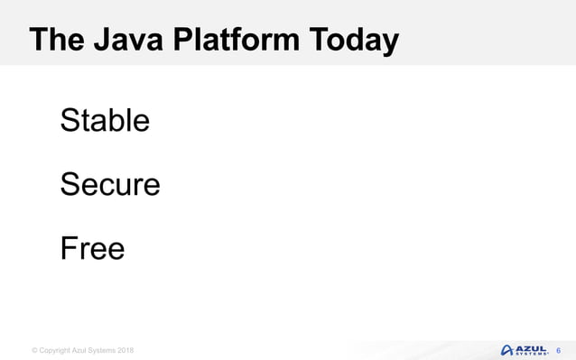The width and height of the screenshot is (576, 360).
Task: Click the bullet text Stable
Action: click(x=105, y=120)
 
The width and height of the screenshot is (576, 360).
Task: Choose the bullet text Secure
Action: click(x=109, y=184)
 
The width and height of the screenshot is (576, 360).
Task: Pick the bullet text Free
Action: click(x=92, y=248)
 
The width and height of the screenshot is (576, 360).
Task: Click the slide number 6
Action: click(x=558, y=349)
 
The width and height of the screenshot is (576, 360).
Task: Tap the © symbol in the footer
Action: click(x=34, y=350)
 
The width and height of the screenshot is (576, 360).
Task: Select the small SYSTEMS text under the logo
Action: click(x=530, y=354)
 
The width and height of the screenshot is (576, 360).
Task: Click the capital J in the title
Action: click(x=99, y=41)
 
